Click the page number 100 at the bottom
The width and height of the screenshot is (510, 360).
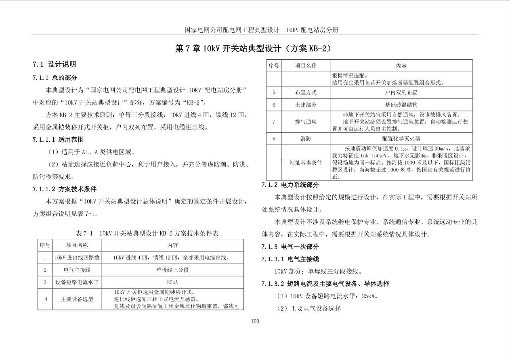pyautogui.click(x=255, y=321)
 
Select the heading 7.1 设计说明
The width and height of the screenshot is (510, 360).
pyautogui.click(x=54, y=64)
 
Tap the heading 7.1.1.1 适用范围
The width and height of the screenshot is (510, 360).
pyautogui.click(x=58, y=140)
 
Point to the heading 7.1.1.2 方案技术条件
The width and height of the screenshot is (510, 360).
pyautogui.click(x=65, y=189)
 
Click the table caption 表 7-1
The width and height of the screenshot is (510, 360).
pyautogui.click(x=147, y=233)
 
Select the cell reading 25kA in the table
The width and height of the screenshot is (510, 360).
pyautogui.click(x=172, y=282)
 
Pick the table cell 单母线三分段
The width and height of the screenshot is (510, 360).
pyautogui.click(x=172, y=270)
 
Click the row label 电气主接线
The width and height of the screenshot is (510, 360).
pyautogui.click(x=77, y=270)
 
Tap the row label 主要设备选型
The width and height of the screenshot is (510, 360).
pyautogui.click(x=77, y=299)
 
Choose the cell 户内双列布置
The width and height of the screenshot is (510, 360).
pyautogui.click(x=401, y=92)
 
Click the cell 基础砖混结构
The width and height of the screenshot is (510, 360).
pyautogui.click(x=401, y=105)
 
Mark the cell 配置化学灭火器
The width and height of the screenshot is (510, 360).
pyautogui.click(x=401, y=138)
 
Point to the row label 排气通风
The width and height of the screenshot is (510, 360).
pyautogui.click(x=306, y=121)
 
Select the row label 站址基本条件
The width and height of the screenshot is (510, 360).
pyautogui.click(x=306, y=162)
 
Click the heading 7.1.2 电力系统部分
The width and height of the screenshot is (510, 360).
pyautogui.click(x=290, y=185)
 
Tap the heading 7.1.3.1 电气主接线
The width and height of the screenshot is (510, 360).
pyautogui.click(x=290, y=259)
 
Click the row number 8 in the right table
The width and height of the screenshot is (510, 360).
pyautogui.click(x=274, y=138)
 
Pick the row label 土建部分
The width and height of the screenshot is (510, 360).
pyautogui.click(x=306, y=105)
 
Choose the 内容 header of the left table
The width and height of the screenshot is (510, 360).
pyautogui.click(x=172, y=245)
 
